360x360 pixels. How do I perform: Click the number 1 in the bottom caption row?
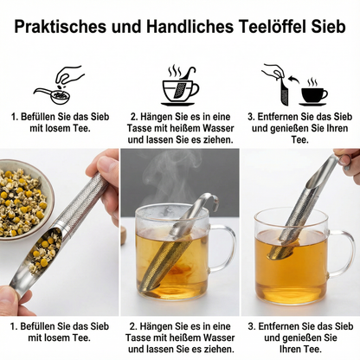coord(12,328)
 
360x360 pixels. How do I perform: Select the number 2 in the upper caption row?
coord(133,115)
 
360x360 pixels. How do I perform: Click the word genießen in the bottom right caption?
coord(305,340)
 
